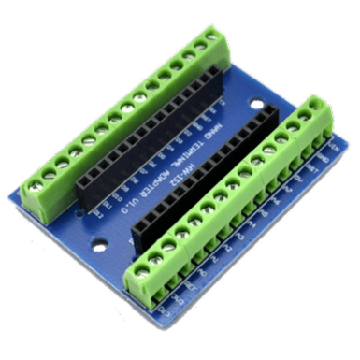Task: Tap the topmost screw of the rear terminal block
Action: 213,38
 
